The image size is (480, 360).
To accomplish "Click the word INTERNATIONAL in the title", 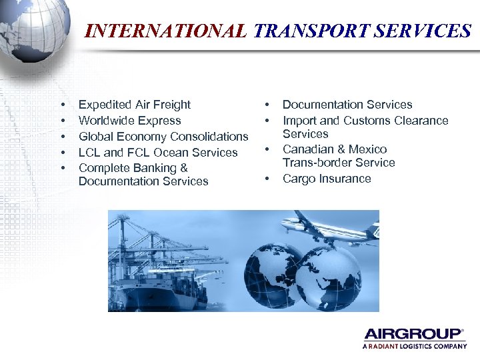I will [x=166, y=31].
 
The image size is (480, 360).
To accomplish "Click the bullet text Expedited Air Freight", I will [x=134, y=105].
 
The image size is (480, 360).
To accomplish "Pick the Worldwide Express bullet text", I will [x=129, y=121].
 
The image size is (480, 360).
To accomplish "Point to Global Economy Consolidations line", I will [x=163, y=137].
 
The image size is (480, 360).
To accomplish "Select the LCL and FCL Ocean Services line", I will [x=157, y=153].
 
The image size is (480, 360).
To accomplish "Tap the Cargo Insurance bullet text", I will [x=327, y=179].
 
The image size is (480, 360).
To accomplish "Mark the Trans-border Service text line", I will [x=339, y=163].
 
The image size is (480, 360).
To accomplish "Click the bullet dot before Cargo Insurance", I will [x=267, y=179].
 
